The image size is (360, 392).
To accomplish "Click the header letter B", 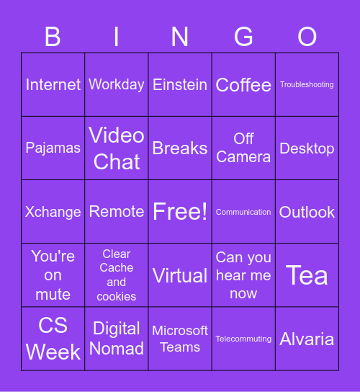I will point(53,37).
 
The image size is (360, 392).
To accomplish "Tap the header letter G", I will point(243,37).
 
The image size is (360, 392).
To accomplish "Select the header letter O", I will point(307,37).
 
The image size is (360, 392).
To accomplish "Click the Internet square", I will point(53,85).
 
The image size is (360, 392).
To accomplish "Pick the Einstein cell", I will point(180,85).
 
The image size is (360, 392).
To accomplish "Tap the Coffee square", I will point(243,85).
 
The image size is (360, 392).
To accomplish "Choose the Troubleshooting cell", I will point(307,85).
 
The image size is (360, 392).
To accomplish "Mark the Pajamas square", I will point(53,148).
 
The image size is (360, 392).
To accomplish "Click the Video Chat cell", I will point(117,148).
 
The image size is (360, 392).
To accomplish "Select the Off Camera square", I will point(243,148).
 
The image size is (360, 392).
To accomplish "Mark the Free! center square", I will point(180,212).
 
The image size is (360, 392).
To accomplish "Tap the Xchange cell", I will point(53,212).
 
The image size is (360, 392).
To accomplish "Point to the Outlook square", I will point(307,212).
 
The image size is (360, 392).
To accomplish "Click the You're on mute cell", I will point(53,275).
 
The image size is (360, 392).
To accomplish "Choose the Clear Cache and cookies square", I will point(117,275).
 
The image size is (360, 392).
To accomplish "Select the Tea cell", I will point(307,275).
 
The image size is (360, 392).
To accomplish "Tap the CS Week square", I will point(53,339).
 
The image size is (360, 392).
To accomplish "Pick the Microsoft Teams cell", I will point(180,339).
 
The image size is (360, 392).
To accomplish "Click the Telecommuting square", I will point(243,339).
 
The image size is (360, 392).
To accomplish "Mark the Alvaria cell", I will point(307,339).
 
